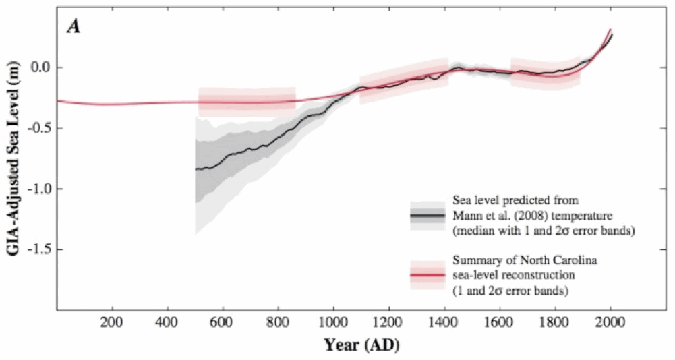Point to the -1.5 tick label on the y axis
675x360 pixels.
point(39,249)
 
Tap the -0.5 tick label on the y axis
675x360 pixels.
point(39,128)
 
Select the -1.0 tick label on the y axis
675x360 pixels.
point(39,189)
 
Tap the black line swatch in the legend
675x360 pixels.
point(428,215)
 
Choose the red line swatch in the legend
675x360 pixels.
point(428,275)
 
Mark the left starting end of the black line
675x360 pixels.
point(196,169)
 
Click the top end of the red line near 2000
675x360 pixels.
point(610,30)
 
